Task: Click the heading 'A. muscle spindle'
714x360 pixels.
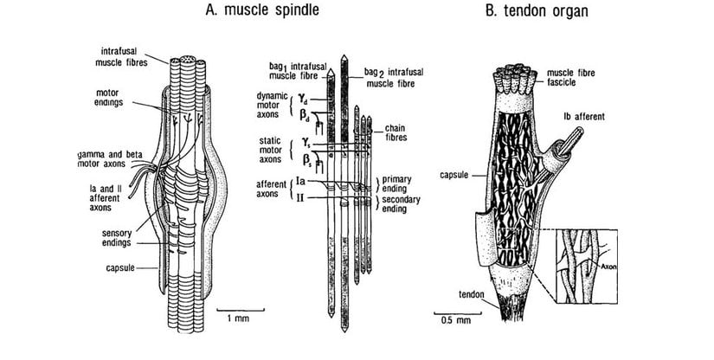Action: point(259,11)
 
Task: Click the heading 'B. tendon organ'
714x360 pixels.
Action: point(537,11)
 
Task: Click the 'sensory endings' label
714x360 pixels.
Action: point(118,237)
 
